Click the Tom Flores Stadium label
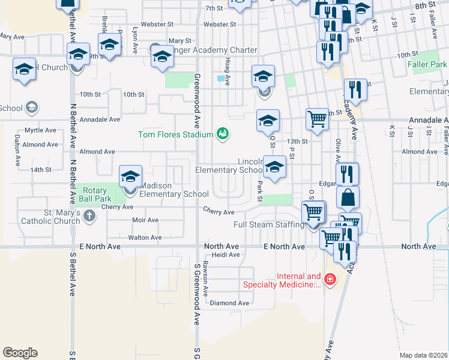pos(176,134)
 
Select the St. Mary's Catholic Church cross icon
pos(89,216)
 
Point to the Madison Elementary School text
pos(174,190)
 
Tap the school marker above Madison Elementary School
pos(130,177)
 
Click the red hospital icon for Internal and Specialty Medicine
pos(329,279)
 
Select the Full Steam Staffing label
pos(268,225)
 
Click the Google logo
pos(20,353)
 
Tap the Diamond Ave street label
pos(229,303)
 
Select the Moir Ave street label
pos(145,220)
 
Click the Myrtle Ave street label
pos(40,130)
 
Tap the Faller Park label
pos(427,64)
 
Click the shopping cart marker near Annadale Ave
pos(317,119)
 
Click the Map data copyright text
pos(423,355)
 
